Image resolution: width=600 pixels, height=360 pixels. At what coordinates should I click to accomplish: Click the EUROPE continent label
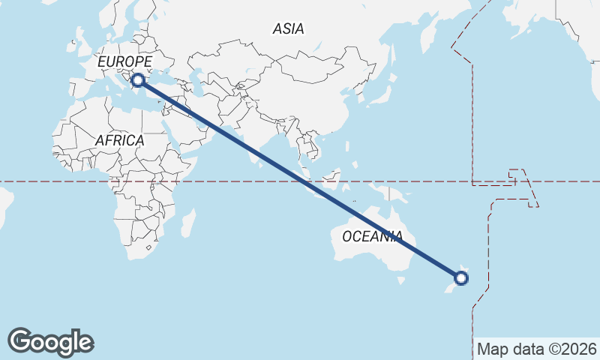coord(125,61)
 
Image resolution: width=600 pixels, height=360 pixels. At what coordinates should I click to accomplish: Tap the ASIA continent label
coord(289,29)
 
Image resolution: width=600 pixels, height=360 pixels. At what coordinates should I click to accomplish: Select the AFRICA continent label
coord(119,140)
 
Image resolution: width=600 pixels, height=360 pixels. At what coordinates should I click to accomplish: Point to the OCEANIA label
coord(372,236)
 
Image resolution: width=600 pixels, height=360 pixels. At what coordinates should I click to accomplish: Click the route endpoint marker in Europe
coord(137,79)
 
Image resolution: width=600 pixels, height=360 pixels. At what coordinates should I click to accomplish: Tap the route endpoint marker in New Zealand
coord(461,278)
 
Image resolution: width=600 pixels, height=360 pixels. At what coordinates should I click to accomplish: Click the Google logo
coord(50,342)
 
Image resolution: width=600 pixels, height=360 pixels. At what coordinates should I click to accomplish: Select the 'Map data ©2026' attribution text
coord(537,349)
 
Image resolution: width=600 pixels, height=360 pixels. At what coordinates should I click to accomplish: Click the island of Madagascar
coord(188,223)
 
